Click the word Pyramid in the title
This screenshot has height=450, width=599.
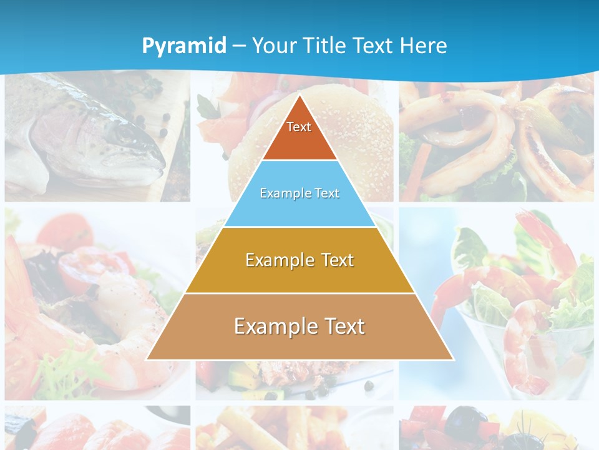pos(184,46)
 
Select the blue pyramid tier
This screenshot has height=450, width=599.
pos(299,194)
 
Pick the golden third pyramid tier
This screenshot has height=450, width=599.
pos(299,260)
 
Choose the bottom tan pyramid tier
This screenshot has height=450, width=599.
pos(299,327)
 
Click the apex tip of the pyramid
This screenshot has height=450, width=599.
pos(299,97)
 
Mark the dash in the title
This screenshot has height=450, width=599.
pos(239,46)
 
